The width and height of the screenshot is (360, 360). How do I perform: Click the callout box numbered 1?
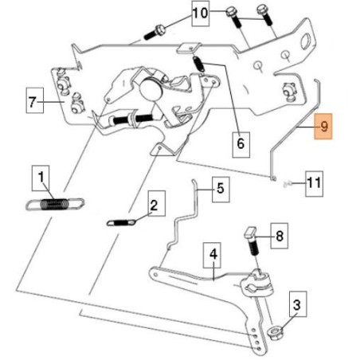(x=41, y=178)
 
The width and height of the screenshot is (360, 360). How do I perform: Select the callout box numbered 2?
(x=157, y=203)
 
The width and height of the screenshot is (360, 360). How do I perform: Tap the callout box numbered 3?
(x=298, y=304)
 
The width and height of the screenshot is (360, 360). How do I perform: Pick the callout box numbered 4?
(x=212, y=255)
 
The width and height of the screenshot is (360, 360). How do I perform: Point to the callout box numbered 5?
(x=221, y=190)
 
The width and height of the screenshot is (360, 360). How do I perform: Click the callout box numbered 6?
(x=241, y=145)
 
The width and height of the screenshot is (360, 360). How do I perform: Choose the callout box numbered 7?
(x=35, y=100)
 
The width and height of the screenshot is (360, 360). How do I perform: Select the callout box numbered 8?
(x=280, y=236)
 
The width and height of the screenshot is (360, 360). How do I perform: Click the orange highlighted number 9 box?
(x=323, y=127)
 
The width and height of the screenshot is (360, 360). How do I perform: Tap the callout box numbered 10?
(x=201, y=14)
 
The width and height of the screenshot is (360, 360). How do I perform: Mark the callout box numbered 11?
(x=314, y=184)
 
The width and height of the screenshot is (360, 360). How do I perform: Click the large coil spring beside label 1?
(x=55, y=204)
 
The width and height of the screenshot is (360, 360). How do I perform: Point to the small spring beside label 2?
(x=122, y=222)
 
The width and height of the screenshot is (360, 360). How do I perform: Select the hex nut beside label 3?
(x=276, y=333)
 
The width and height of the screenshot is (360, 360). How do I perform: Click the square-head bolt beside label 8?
(x=252, y=241)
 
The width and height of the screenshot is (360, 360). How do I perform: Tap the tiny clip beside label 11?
(x=287, y=184)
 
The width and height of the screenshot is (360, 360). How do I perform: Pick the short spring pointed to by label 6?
(x=198, y=64)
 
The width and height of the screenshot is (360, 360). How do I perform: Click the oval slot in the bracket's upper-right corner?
(x=306, y=41)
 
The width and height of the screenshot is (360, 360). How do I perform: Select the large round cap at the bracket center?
(x=151, y=88)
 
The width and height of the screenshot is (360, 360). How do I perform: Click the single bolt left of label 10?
(x=155, y=32)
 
